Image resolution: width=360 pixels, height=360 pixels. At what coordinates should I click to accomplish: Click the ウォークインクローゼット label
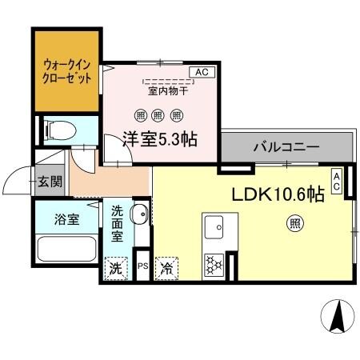tap(66, 71)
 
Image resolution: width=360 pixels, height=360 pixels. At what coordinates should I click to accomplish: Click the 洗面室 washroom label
tap(117, 224)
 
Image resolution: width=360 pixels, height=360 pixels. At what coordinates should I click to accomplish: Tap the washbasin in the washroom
tap(138, 214)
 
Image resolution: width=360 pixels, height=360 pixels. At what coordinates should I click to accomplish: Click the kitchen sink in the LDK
tap(214, 227)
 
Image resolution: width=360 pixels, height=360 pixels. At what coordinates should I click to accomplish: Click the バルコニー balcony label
tap(286, 147)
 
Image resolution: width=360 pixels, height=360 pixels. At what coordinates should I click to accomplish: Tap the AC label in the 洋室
tap(201, 72)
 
